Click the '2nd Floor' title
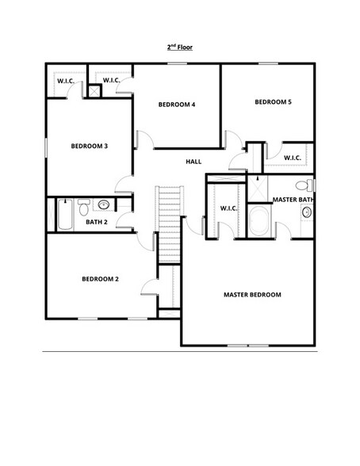[x=180, y=48]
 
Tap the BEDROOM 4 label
[x=176, y=105]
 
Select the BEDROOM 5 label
[x=273, y=101]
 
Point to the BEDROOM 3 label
[x=90, y=146]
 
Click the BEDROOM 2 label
[x=101, y=278]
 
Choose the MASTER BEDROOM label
[x=252, y=295]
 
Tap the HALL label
[x=193, y=162]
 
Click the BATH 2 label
[x=97, y=222]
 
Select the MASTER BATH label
[x=292, y=199]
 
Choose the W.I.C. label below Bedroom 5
[x=291, y=157]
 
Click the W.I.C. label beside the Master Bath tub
[x=229, y=208]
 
